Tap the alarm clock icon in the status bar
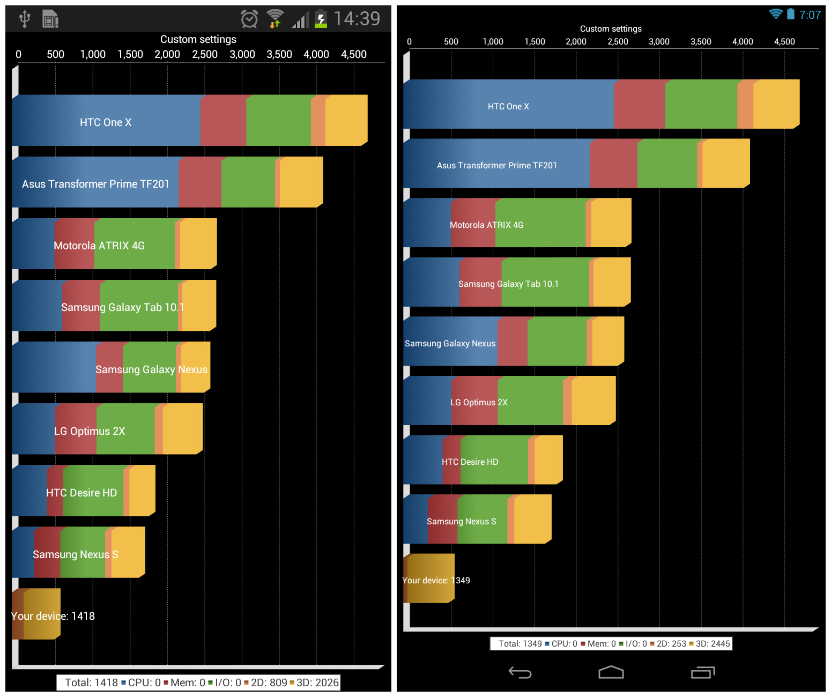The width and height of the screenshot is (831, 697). (x=249, y=19)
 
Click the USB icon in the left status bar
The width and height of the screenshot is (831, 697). (x=24, y=19)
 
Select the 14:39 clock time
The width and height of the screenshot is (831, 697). (x=357, y=19)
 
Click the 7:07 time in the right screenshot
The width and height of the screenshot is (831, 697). (x=810, y=15)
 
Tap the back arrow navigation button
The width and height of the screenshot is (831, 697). (x=520, y=672)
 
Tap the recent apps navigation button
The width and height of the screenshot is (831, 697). (x=703, y=672)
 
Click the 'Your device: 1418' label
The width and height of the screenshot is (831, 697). (x=53, y=616)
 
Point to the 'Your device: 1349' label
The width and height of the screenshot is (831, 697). (x=436, y=580)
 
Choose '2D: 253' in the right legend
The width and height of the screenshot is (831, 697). (x=671, y=643)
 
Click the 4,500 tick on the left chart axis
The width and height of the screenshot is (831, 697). (x=354, y=54)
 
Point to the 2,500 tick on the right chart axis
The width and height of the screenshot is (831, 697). (x=618, y=42)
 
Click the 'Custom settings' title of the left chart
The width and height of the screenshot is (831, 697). (x=198, y=39)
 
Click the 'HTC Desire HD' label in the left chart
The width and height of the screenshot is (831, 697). (x=81, y=493)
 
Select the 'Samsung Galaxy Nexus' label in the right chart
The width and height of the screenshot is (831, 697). (x=450, y=343)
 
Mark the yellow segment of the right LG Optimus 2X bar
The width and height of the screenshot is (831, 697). (x=593, y=401)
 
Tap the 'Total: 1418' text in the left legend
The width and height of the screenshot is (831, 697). (x=91, y=683)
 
